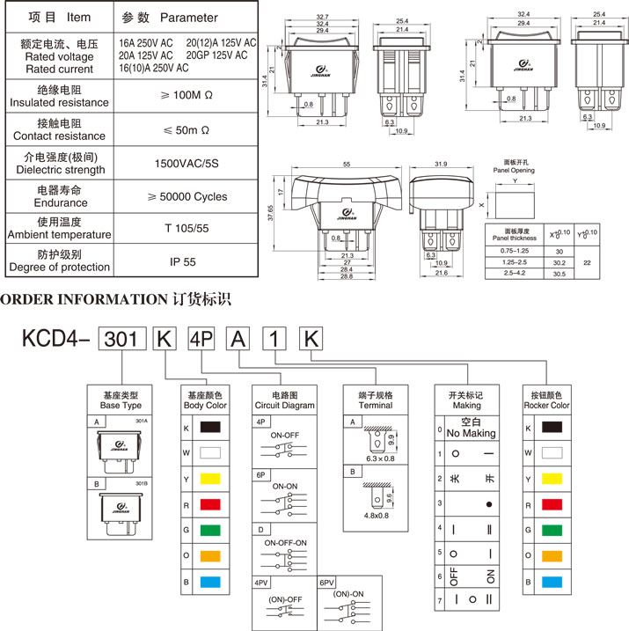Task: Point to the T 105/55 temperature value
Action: coord(187,229)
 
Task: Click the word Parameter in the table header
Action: coord(188,17)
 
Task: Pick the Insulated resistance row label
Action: coord(60,103)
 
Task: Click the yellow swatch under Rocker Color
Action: coord(552,478)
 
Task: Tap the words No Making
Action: coord(472,433)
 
